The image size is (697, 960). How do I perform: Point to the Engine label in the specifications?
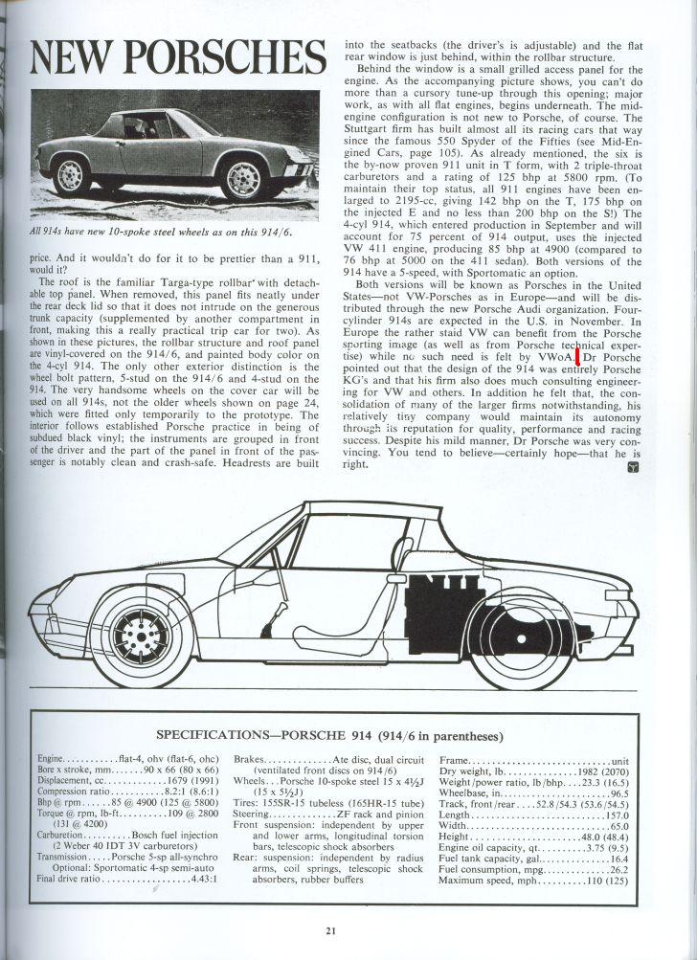(53, 757)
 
